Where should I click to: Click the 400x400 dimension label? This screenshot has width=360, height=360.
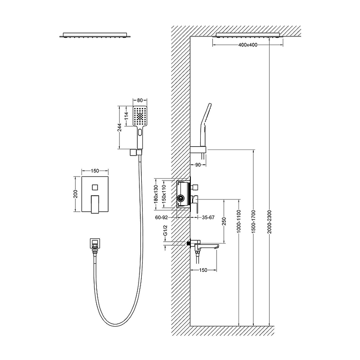(x=248, y=45)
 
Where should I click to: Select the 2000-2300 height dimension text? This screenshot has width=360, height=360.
(x=270, y=221)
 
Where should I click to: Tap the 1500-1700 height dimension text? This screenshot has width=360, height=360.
(x=253, y=221)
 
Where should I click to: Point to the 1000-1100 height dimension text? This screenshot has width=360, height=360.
(x=238, y=221)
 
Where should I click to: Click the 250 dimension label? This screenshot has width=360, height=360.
(x=224, y=221)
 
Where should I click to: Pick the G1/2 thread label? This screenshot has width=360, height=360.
(x=165, y=230)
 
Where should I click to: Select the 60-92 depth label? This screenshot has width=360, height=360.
(x=162, y=217)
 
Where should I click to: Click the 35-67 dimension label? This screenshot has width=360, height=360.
(x=208, y=217)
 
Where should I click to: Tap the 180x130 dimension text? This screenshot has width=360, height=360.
(x=156, y=194)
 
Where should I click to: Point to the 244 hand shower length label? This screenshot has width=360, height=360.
(x=120, y=128)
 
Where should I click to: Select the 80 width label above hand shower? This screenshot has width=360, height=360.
(x=140, y=100)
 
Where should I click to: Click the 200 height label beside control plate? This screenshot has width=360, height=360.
(x=76, y=194)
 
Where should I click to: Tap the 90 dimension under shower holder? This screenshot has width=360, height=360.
(x=198, y=165)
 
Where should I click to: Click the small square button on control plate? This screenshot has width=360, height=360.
(x=95, y=187)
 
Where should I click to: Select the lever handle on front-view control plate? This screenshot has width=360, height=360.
(x=95, y=204)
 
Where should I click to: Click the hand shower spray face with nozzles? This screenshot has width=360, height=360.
(x=140, y=116)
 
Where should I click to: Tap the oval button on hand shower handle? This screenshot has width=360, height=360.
(x=140, y=132)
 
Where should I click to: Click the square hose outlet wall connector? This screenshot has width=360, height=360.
(x=95, y=244)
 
